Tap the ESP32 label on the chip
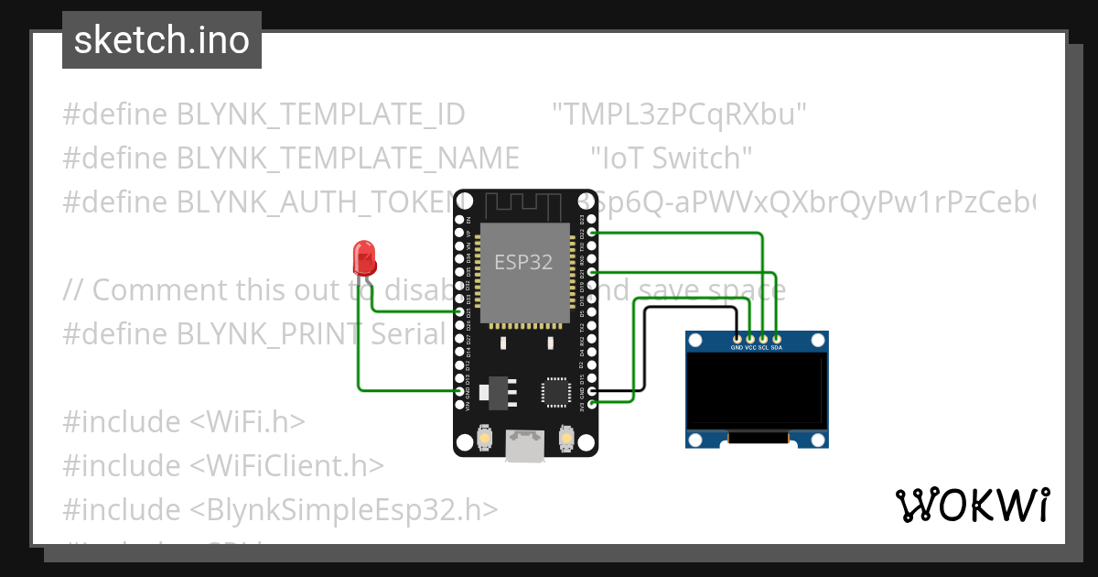click(x=523, y=262)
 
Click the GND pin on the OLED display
click(x=737, y=338)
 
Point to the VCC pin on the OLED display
click(x=750, y=338)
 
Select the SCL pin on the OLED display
click(x=763, y=338)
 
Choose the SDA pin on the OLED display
click(x=777, y=338)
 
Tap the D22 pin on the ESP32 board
click(x=592, y=234)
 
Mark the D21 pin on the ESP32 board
click(x=592, y=273)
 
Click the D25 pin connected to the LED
click(x=459, y=312)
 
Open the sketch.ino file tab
click(x=162, y=40)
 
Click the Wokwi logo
click(x=973, y=505)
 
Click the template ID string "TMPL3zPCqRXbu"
click(x=679, y=114)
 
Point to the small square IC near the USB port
click(x=554, y=391)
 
